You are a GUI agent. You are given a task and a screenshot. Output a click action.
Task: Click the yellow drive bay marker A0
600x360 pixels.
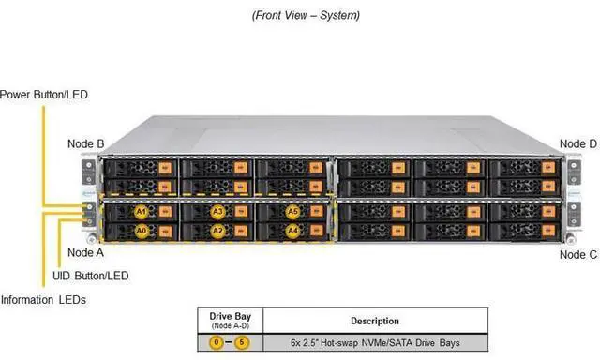click(x=142, y=231)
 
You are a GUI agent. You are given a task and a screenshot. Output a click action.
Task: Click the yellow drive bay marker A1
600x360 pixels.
click(x=142, y=212)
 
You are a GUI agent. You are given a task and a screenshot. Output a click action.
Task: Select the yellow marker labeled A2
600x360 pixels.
click(x=217, y=231)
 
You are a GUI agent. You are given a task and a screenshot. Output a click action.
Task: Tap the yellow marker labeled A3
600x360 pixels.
click(x=217, y=212)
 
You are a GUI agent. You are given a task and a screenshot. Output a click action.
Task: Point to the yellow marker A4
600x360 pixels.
click(x=292, y=230)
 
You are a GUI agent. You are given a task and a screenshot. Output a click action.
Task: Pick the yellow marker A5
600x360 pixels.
click(x=292, y=212)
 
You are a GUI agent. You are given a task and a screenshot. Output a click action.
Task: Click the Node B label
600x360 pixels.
click(x=86, y=143)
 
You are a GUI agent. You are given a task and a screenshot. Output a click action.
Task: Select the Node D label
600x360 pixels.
click(x=578, y=143)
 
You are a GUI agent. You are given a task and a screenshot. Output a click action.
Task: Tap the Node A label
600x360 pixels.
click(x=86, y=252)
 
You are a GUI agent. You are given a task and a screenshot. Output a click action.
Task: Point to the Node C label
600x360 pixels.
click(x=578, y=254)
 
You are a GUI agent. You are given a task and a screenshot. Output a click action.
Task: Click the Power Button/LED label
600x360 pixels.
click(x=43, y=94)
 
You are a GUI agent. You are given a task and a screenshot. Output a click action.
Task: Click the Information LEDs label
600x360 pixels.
click(x=43, y=300)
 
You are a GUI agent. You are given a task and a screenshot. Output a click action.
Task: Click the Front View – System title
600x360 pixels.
click(x=306, y=15)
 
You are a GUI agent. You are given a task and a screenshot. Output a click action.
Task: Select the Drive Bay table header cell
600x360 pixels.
click(x=231, y=320)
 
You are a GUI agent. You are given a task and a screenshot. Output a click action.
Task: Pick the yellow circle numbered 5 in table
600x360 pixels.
click(x=242, y=342)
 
